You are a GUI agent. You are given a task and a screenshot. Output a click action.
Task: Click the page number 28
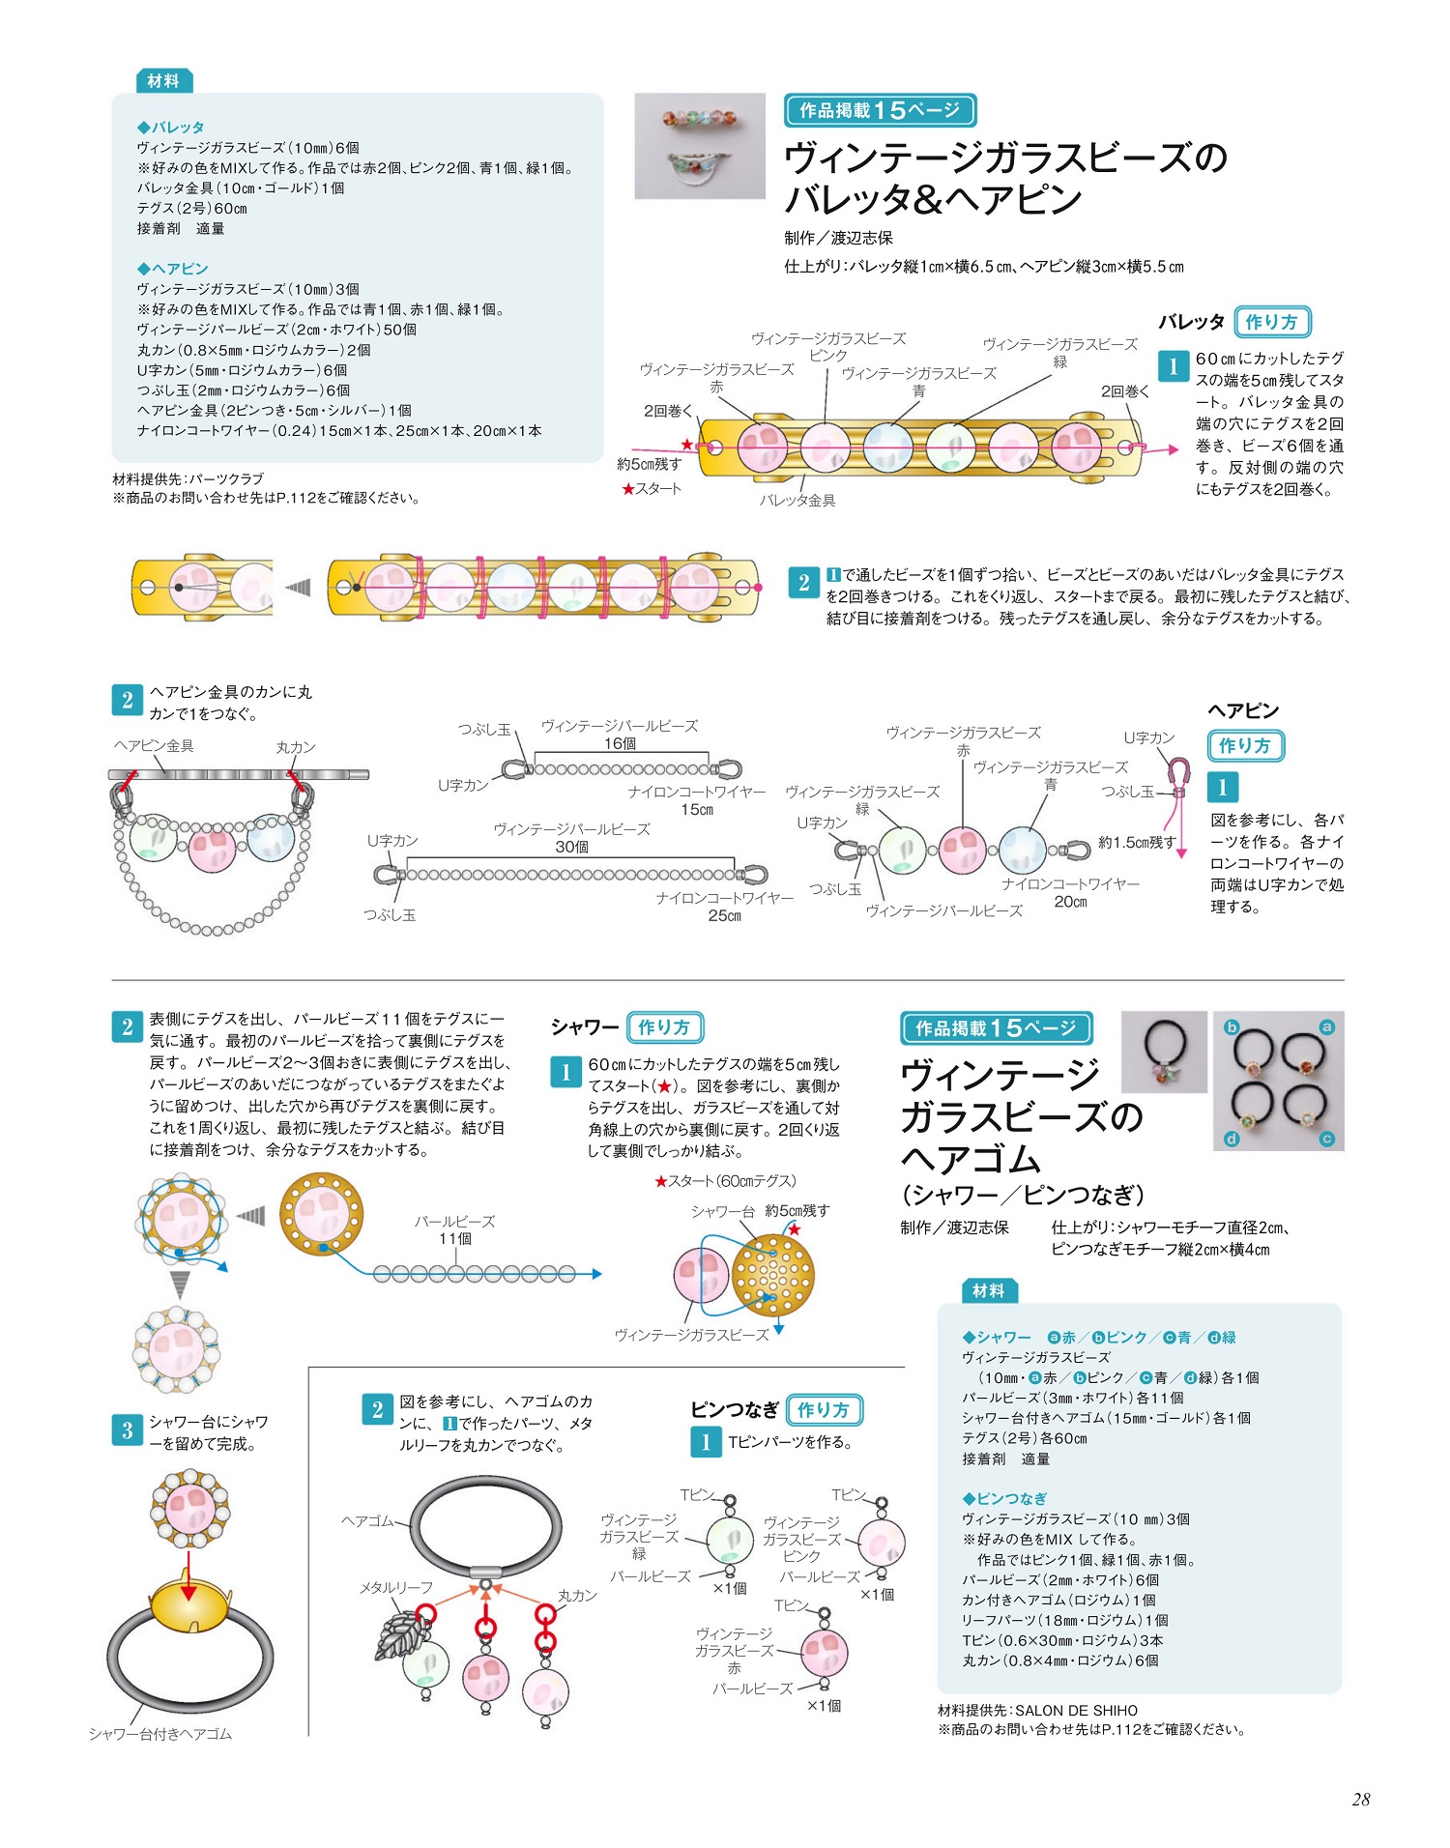click(x=1361, y=1799)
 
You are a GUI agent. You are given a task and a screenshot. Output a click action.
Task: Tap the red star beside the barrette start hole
click(x=687, y=445)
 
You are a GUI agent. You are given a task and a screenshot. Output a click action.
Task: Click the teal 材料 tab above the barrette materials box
click(x=163, y=81)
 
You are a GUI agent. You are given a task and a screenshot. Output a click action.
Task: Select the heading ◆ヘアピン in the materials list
click(x=173, y=269)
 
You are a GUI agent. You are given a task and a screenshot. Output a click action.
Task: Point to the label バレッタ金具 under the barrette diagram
click(x=797, y=501)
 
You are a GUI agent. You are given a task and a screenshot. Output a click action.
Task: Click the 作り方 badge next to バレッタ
click(x=1273, y=322)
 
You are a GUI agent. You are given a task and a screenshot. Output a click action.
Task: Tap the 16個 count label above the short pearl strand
click(x=620, y=743)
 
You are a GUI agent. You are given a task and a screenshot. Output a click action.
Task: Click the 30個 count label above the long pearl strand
click(x=572, y=847)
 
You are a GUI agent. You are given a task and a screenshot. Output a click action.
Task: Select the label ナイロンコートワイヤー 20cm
click(x=1070, y=893)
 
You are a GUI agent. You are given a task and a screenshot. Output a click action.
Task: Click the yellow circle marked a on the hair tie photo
click(x=1326, y=1026)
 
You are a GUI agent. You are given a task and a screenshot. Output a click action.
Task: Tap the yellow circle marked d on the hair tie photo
click(x=1232, y=1139)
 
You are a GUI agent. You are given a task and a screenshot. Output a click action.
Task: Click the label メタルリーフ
click(x=396, y=1588)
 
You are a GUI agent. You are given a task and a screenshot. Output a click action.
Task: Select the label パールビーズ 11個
click(x=455, y=1229)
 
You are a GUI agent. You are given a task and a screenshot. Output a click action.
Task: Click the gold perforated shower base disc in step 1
click(x=773, y=1277)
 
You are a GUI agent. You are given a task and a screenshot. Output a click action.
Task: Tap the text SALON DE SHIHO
click(x=1076, y=1711)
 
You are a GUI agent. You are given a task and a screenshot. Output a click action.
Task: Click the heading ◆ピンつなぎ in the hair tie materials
click(x=1004, y=1498)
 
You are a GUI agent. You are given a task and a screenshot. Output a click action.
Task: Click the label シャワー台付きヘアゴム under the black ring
click(x=160, y=1734)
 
